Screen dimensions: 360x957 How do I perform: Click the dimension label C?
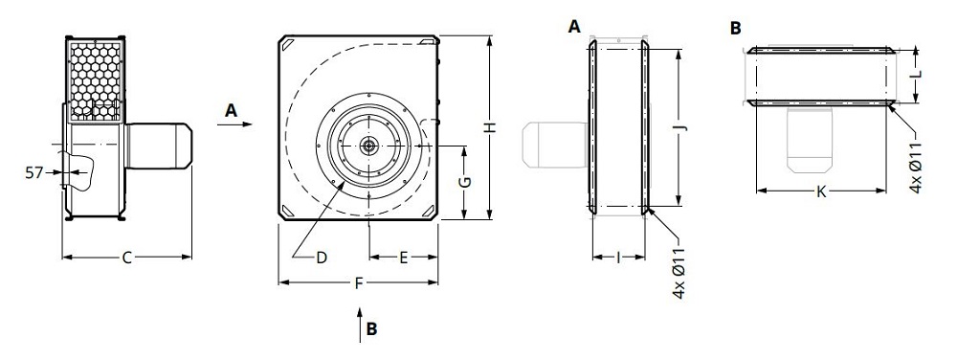tap(126, 257)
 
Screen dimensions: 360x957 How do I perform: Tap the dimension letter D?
tap(322, 257)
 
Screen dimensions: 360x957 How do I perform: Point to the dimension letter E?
tap(404, 257)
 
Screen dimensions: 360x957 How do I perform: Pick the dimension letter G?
tap(463, 182)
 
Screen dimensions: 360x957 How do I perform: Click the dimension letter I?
tap(619, 257)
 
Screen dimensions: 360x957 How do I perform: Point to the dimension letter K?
tap(821, 191)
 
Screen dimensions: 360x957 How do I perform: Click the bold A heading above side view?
tap(574, 28)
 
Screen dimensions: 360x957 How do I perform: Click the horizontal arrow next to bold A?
tap(236, 124)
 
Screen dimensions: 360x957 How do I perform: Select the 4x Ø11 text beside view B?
tap(916, 168)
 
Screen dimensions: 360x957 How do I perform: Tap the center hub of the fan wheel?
tap(369, 146)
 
